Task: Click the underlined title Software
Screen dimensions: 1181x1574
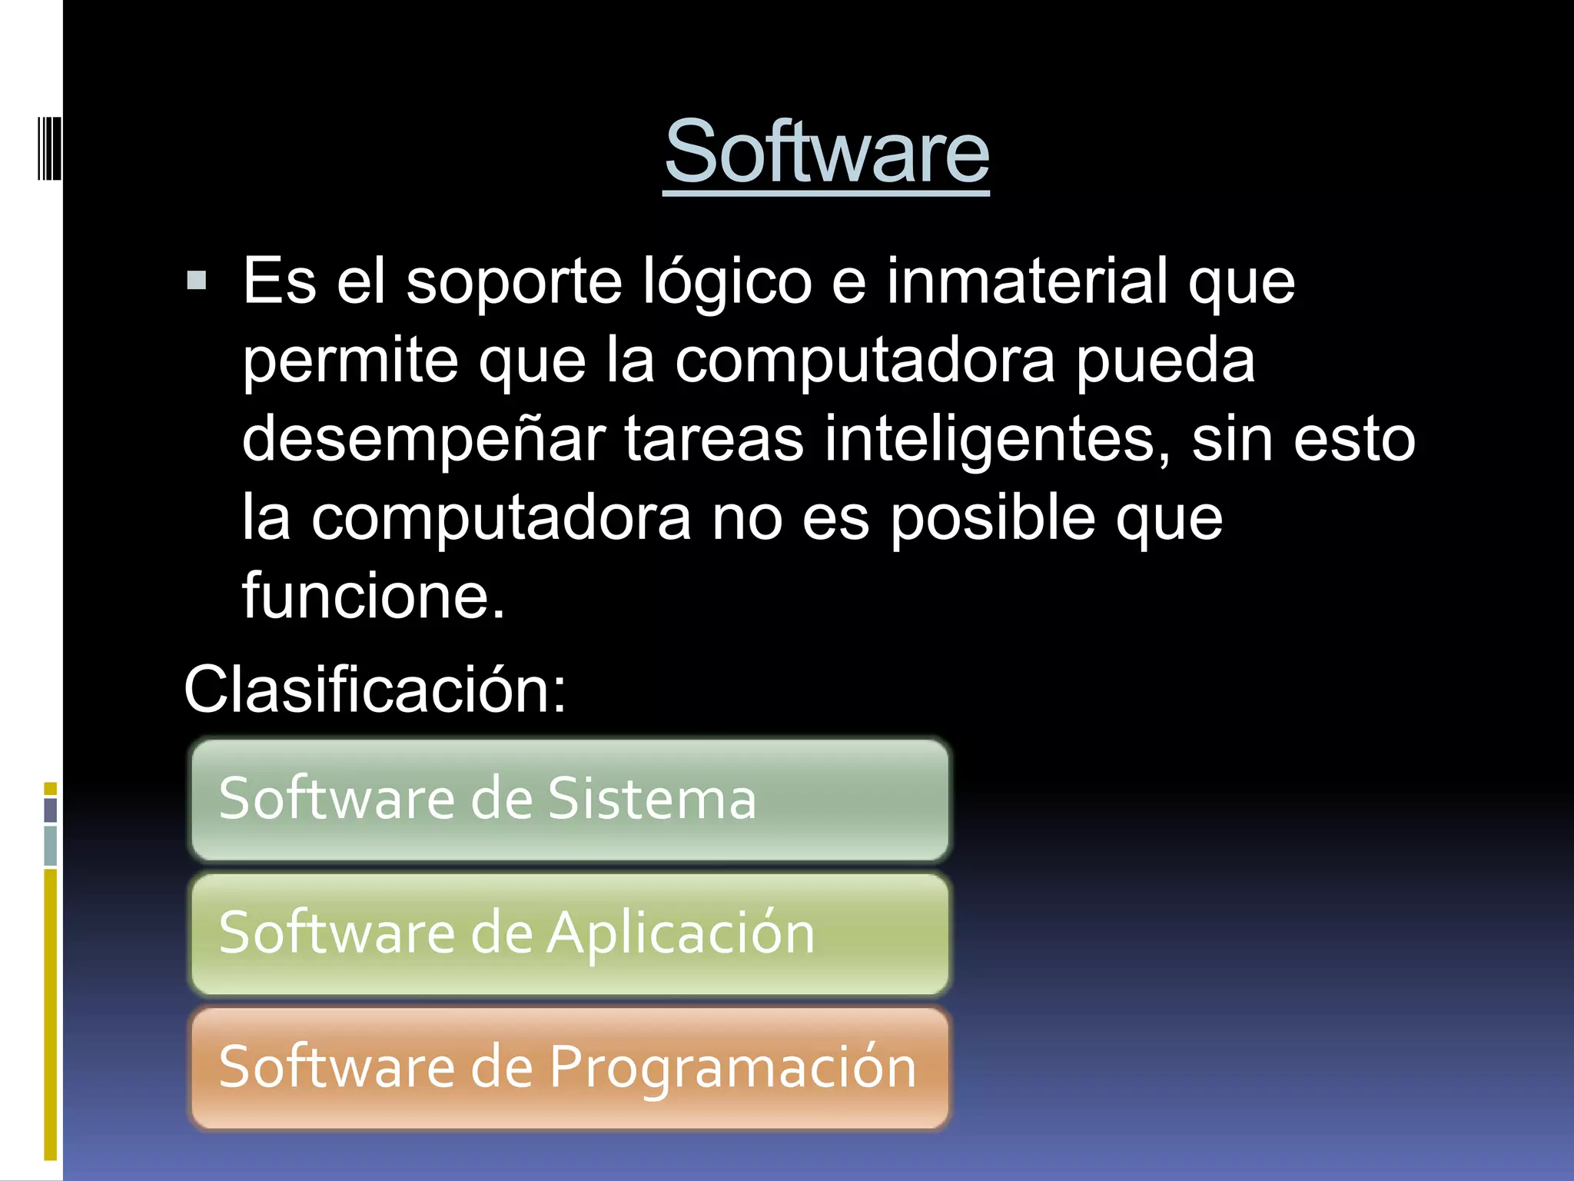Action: pos(826,152)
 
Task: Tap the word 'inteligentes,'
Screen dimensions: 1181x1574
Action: pos(998,440)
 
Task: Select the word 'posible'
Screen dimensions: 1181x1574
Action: pos(992,517)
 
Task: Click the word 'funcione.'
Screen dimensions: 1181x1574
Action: pos(374,596)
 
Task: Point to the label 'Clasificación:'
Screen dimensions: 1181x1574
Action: pos(375,689)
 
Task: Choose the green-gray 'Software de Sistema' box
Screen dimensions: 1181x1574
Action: pos(569,799)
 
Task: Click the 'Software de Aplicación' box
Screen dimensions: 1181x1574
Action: pos(569,933)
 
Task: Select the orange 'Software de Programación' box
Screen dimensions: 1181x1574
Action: pos(569,1068)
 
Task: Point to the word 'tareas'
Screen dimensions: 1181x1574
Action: pos(714,440)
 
